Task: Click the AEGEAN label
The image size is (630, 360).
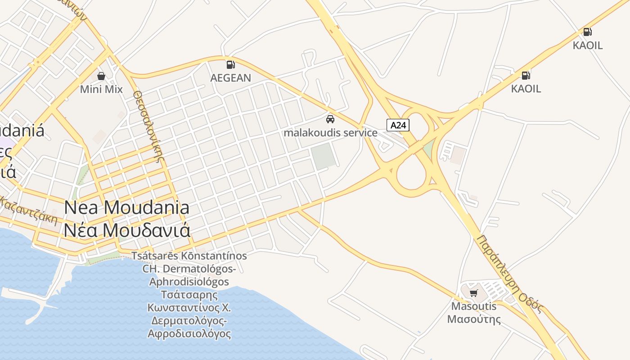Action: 230,78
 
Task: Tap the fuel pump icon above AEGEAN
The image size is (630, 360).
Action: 230,65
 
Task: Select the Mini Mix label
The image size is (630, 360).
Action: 101,89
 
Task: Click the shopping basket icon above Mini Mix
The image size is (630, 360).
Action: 101,76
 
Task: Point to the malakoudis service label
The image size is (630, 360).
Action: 330,133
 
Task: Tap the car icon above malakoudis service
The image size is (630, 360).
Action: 330,119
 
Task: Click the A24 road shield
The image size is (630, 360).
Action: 398,125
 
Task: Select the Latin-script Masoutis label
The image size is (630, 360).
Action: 474,306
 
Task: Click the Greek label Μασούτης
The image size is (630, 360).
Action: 474,319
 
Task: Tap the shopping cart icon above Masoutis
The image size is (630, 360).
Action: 473,293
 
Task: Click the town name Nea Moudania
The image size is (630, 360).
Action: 126,208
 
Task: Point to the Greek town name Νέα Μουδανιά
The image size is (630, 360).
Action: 126,230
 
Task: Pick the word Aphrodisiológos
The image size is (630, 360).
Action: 189,282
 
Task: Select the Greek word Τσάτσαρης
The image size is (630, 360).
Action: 189,295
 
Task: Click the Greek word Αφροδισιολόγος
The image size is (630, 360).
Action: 189,334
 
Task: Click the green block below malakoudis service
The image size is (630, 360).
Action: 324,156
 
